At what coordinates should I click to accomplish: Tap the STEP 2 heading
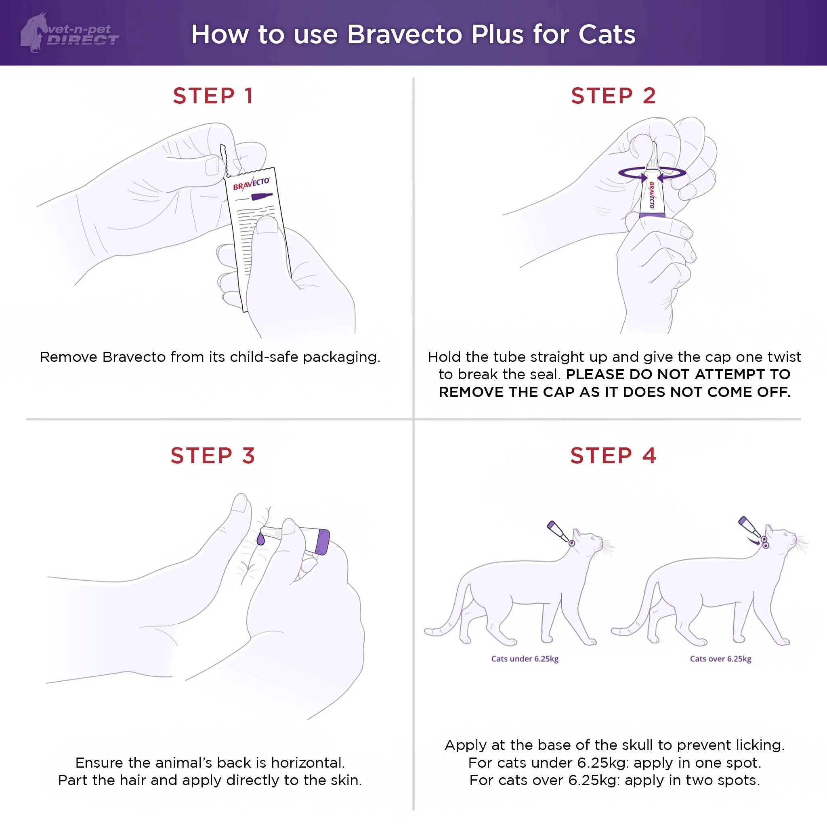point(613,95)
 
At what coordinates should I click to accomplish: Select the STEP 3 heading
point(213,455)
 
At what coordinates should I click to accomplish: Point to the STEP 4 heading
point(613,455)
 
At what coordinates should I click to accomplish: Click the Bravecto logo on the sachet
point(251,184)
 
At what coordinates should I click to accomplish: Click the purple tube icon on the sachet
point(261,197)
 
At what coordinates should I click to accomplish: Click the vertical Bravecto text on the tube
point(651,195)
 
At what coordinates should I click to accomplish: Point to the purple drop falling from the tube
point(261,539)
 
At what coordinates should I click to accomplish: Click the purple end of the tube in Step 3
point(322,542)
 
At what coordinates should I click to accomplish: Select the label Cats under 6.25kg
point(525,659)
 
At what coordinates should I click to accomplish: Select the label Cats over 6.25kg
point(720,659)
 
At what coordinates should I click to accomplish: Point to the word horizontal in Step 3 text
point(307,763)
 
